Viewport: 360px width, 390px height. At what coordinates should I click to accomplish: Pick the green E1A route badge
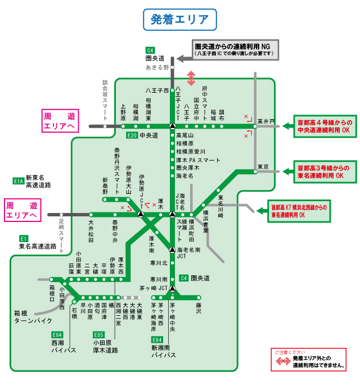[x=18, y=181]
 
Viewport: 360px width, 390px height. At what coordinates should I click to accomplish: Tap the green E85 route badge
[x=98, y=334]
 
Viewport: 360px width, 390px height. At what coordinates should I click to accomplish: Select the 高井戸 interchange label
[x=265, y=121]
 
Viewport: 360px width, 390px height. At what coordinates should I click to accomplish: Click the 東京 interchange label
[x=263, y=167]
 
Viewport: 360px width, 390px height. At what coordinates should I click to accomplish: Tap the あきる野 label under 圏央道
[x=158, y=67]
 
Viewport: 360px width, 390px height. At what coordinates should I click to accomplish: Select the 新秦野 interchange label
[x=105, y=187]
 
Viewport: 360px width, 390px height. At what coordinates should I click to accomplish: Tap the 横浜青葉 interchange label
[x=206, y=222]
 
